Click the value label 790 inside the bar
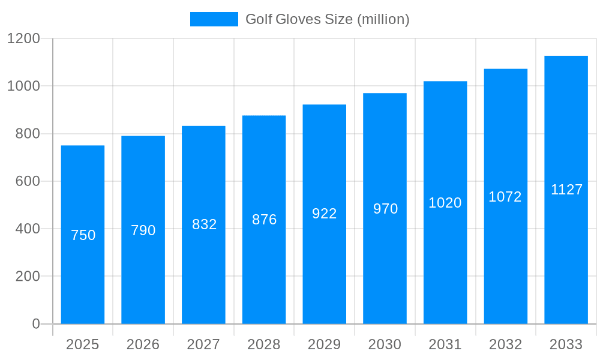click(143, 230)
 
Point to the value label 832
click(204, 224)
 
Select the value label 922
click(325, 214)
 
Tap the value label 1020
click(445, 203)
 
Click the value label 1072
click(505, 197)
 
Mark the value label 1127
click(566, 190)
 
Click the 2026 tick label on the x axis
click(143, 344)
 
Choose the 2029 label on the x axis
click(324, 344)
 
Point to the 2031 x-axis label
click(445, 344)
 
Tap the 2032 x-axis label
click(505, 344)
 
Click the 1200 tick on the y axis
click(23, 39)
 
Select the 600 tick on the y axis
click(27, 181)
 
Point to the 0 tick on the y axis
click(36, 324)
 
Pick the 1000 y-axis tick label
click(23, 86)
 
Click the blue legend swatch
click(214, 19)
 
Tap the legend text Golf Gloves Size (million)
click(328, 19)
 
